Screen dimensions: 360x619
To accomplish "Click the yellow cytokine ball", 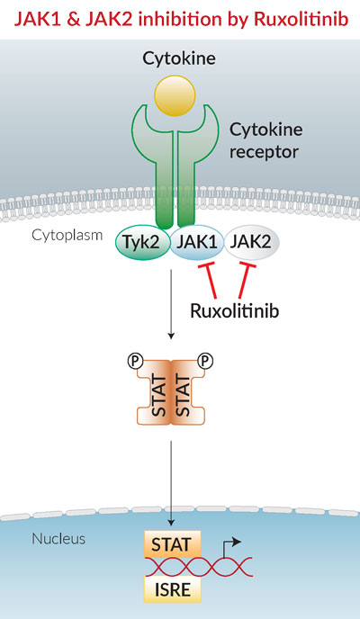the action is [175, 95].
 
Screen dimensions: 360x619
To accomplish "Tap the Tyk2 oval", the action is [142, 242].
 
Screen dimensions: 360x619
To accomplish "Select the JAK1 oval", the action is [197, 242].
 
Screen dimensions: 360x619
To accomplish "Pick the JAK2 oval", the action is [252, 242].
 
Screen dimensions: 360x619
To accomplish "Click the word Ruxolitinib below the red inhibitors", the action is [235, 311].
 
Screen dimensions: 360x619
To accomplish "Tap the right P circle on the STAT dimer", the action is [206, 361].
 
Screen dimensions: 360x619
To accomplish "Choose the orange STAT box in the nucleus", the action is [171, 545].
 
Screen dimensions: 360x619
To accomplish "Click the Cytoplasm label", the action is [67, 236].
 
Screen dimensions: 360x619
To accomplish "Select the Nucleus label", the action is [58, 538].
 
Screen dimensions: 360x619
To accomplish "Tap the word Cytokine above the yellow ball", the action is [179, 58].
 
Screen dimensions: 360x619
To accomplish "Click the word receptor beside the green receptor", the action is [264, 151].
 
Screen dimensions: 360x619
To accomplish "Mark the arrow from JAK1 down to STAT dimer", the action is [170, 304].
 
